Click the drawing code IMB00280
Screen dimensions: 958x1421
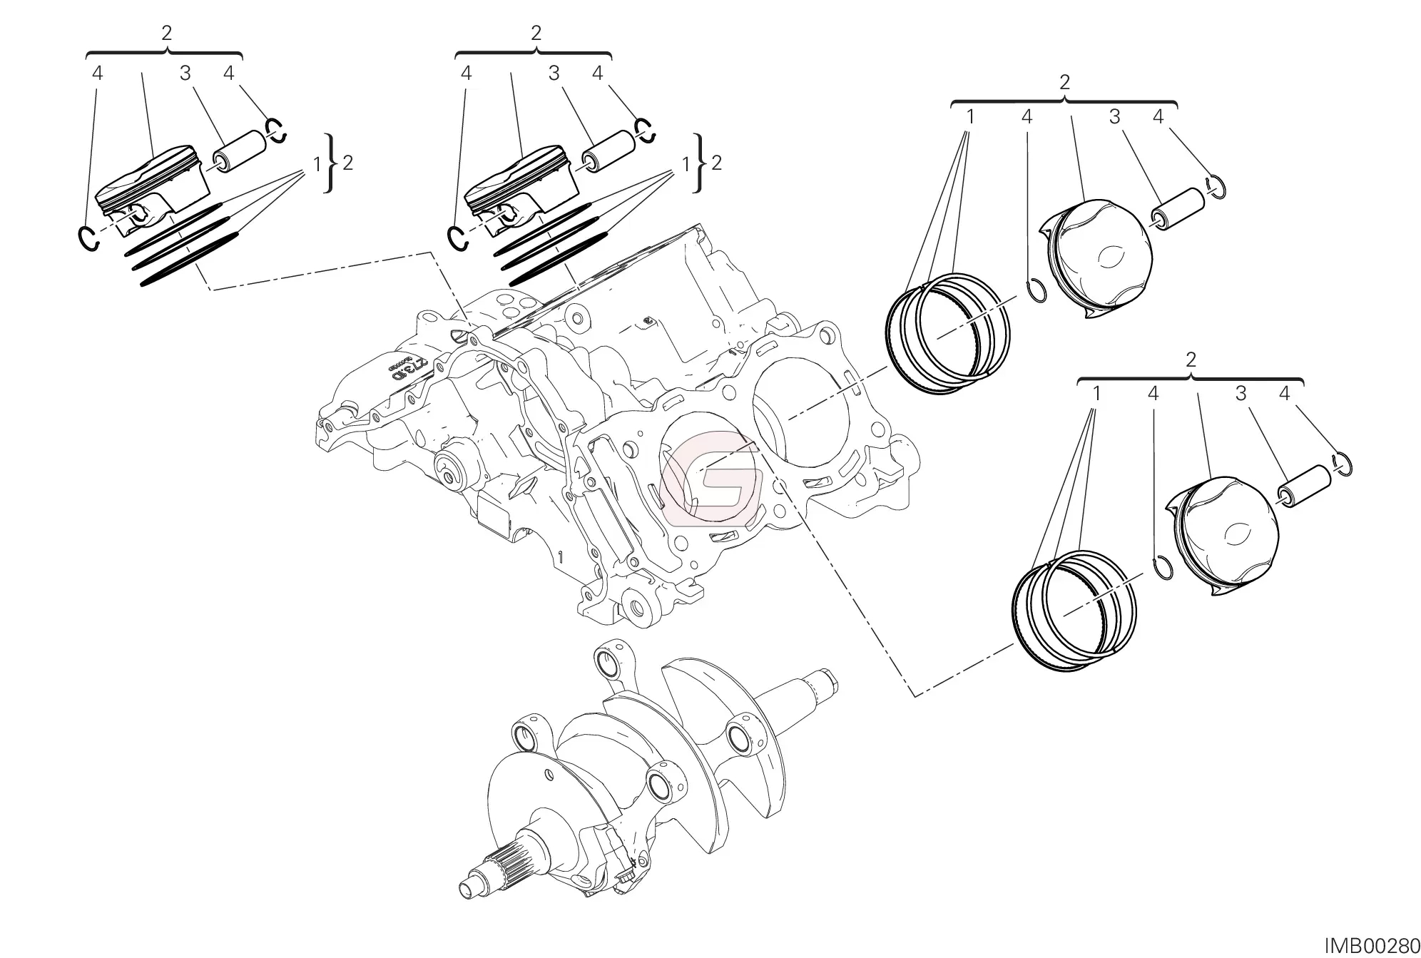tap(1372, 946)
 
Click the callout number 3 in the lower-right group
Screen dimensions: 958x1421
tap(1241, 393)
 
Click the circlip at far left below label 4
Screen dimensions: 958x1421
tap(88, 238)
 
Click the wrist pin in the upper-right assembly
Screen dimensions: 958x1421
tap(1178, 209)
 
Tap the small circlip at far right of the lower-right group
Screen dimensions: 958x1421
tap(1343, 464)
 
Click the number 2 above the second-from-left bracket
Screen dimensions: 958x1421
tap(536, 33)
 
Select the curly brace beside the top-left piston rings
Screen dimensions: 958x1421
tap(329, 163)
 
